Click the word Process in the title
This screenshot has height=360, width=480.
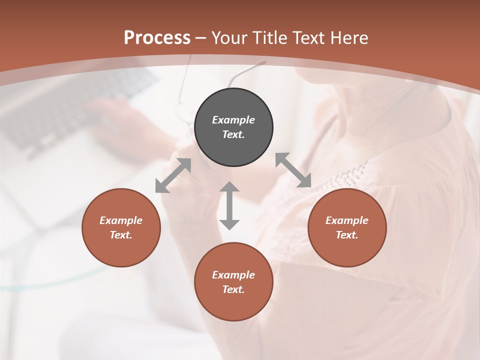click(157, 38)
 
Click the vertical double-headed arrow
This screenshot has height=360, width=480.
click(229, 206)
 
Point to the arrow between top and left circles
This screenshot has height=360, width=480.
click(173, 175)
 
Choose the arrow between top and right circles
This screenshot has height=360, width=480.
click(293, 170)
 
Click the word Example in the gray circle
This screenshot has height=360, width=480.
click(233, 120)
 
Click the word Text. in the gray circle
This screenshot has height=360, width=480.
click(233, 134)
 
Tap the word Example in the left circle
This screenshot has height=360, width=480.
click(121, 220)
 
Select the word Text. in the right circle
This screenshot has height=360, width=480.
click(347, 235)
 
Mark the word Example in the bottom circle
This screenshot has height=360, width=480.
click(233, 275)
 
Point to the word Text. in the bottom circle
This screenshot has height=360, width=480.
click(233, 289)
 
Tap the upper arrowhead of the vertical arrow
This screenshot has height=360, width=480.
click(229, 188)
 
